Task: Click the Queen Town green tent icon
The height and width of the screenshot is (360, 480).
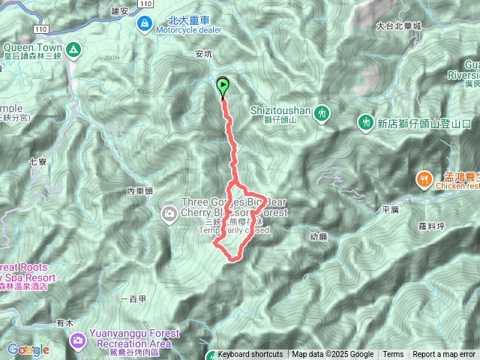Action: [73, 50]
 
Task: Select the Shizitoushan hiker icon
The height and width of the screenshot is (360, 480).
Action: [322, 112]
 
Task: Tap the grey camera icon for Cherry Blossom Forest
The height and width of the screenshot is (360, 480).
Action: [169, 215]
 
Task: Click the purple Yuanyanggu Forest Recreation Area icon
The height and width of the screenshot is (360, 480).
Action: [77, 342]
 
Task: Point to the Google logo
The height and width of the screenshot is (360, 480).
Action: [28, 349]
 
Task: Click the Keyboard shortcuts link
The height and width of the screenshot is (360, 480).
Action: [250, 355]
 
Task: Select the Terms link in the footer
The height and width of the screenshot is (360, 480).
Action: [393, 355]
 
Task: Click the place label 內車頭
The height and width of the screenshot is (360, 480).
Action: [139, 191]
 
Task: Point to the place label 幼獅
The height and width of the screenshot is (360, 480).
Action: [319, 236]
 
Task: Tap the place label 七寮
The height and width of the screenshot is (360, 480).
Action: [37, 161]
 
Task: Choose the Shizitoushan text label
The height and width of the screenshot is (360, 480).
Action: [279, 109]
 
